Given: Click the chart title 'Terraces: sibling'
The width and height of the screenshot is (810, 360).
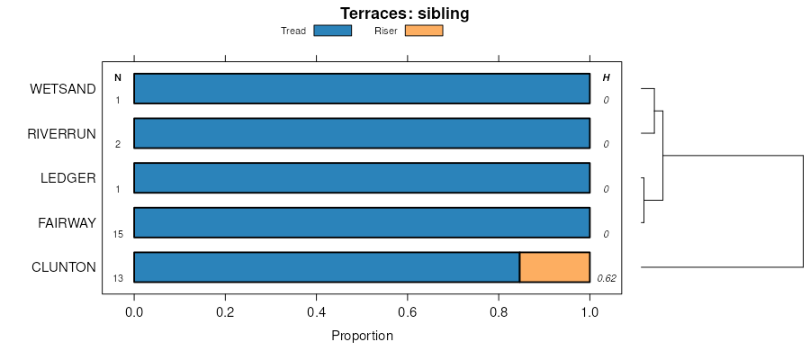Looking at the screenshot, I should [x=404, y=13].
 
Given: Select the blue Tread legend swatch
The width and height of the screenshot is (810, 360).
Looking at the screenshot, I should [x=332, y=31].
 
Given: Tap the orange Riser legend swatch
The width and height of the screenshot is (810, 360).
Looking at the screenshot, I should [x=424, y=31].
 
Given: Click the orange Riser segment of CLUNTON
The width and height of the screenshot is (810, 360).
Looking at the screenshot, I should [x=554, y=267].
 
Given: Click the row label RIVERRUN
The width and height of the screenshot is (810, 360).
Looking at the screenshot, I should [x=61, y=133].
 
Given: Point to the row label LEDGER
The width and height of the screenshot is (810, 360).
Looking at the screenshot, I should [x=68, y=177].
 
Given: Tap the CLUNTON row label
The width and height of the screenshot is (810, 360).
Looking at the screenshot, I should [x=64, y=266].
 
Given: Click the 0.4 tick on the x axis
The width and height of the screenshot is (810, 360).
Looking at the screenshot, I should [x=316, y=312].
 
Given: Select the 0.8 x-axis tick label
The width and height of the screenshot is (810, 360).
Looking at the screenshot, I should [x=499, y=312].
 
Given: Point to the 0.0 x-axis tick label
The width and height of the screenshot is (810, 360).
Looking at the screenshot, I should [x=134, y=312].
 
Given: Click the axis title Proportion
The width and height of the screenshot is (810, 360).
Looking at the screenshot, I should [x=362, y=337].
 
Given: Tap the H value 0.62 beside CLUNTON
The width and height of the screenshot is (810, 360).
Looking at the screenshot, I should [x=606, y=278].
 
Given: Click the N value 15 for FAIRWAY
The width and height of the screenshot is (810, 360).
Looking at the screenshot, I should [x=118, y=234].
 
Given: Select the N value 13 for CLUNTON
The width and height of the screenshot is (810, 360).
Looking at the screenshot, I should [x=118, y=278].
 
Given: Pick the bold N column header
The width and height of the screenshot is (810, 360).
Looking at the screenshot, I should [x=118, y=77].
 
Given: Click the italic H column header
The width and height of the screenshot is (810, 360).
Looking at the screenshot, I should [x=606, y=77].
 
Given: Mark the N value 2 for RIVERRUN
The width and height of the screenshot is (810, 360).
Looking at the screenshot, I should [x=118, y=144].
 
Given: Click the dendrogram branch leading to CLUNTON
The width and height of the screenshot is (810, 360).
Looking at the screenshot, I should [x=720, y=267].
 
